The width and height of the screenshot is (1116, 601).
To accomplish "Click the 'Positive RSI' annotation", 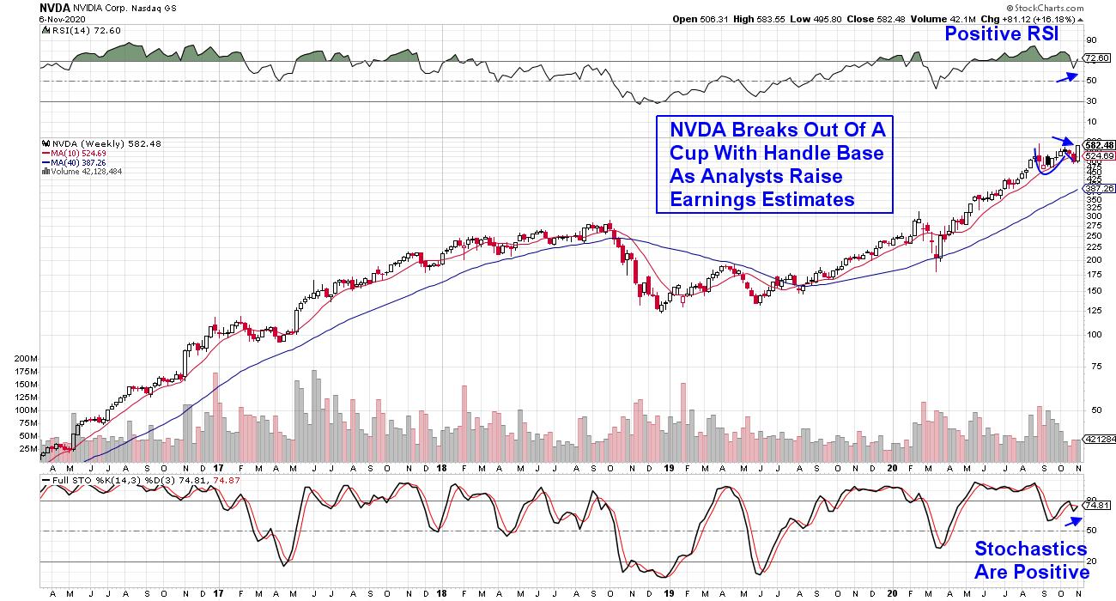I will (x=1000, y=34).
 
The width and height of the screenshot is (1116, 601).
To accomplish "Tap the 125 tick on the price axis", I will (x=1094, y=310).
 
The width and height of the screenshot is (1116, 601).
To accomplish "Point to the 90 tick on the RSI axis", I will (x=1091, y=39).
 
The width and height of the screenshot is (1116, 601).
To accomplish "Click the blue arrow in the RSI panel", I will (x=1065, y=76).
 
